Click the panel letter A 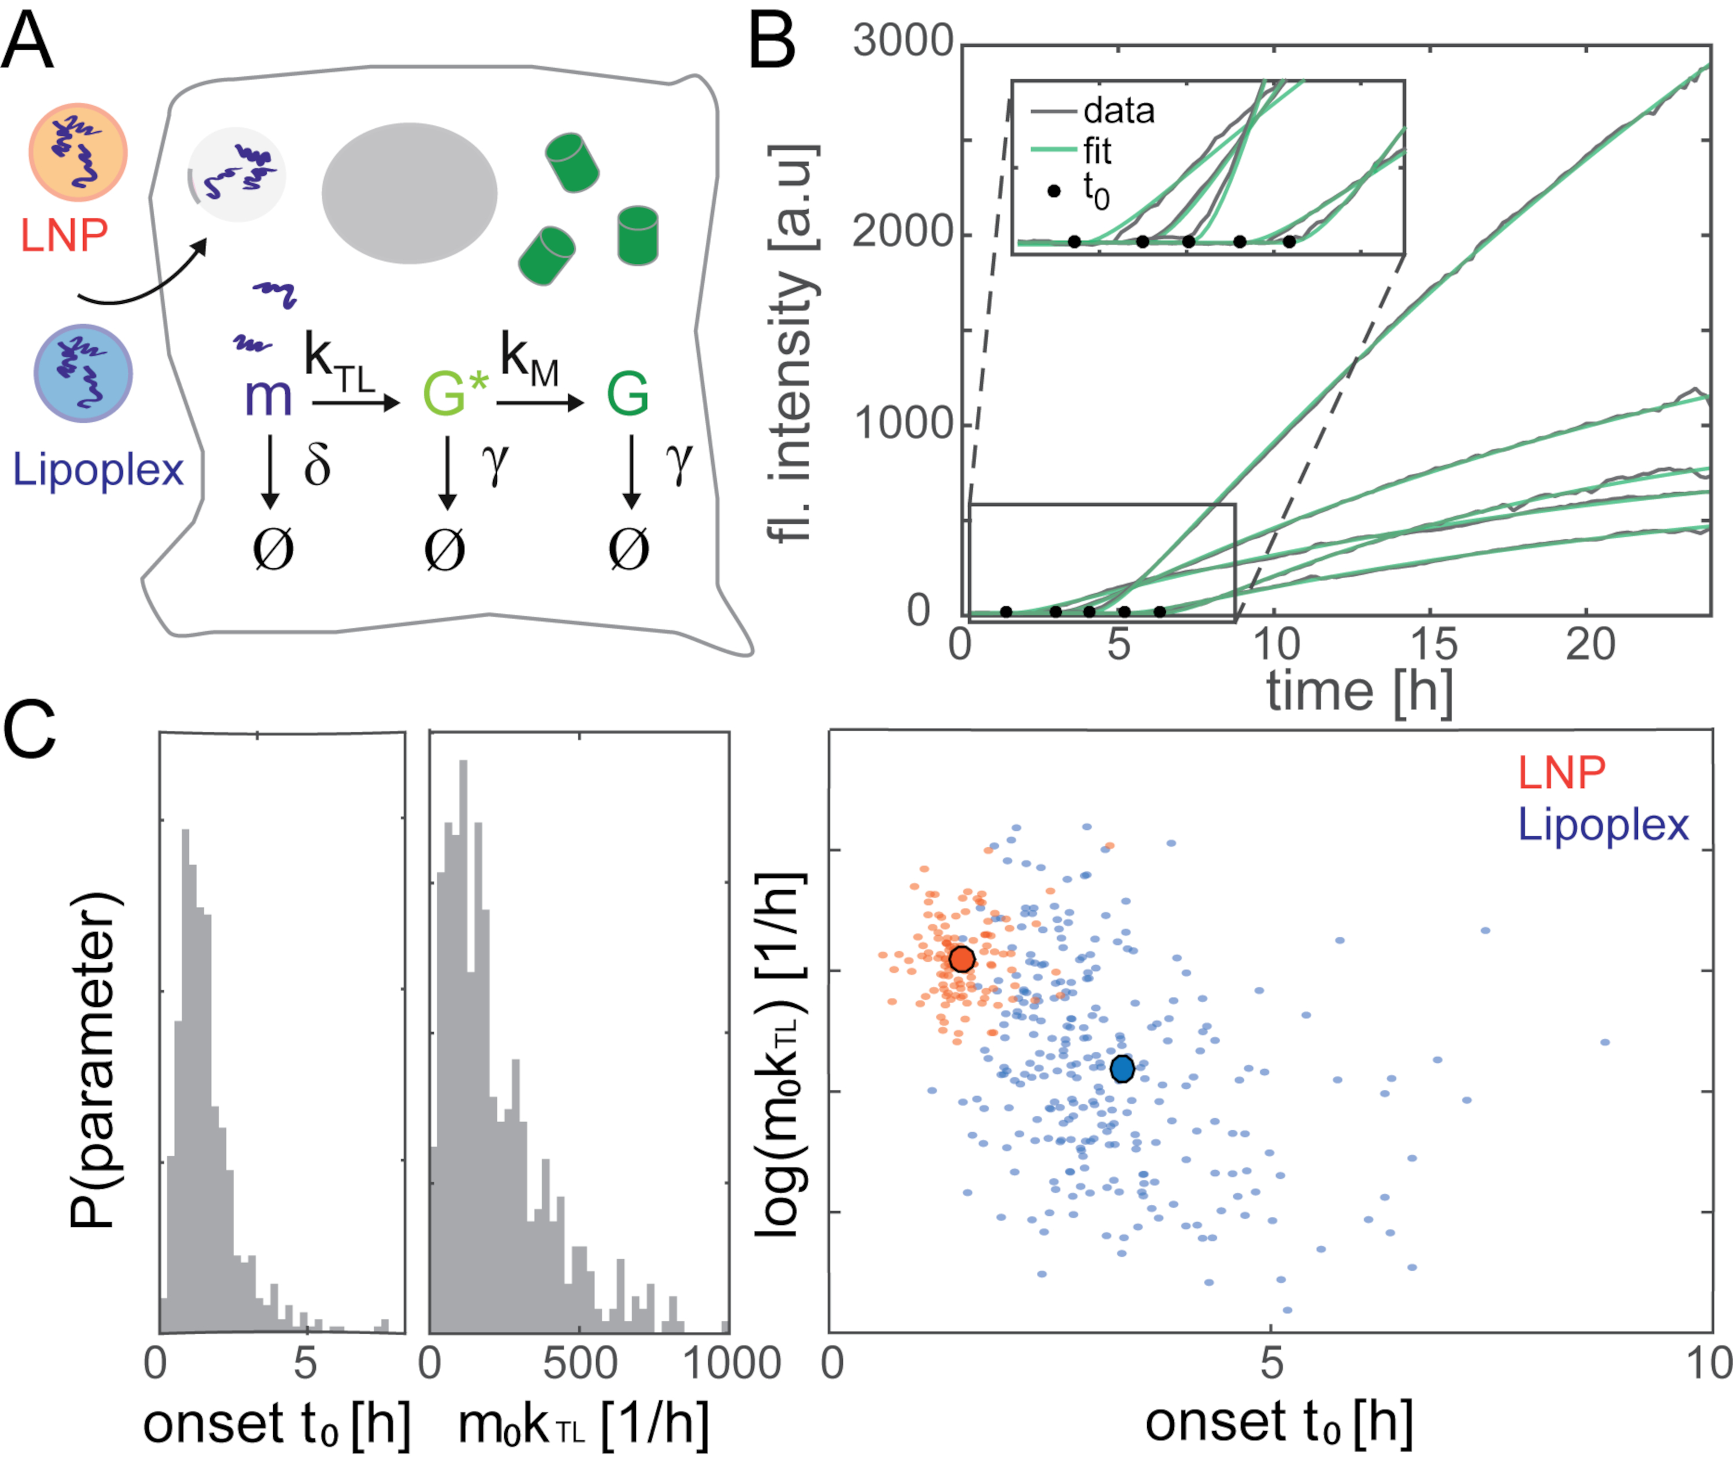[27, 43]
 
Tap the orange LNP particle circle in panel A [78, 152]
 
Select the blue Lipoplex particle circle [83, 373]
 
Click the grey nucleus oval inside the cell [410, 193]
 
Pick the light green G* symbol [455, 393]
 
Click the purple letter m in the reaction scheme [268, 397]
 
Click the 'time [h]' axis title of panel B [1359, 690]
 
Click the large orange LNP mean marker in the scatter [961, 959]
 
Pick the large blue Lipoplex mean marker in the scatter [1122, 1069]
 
